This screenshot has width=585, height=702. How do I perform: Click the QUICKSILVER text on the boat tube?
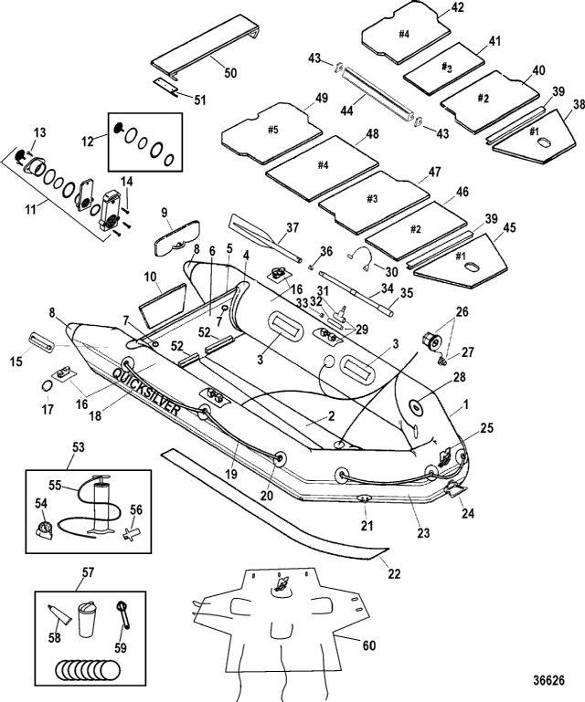(x=145, y=393)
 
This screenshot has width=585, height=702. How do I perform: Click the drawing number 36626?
(x=549, y=680)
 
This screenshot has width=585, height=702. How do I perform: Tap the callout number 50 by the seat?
(x=230, y=72)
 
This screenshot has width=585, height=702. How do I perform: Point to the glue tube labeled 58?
(x=59, y=613)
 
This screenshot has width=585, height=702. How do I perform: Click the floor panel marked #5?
(x=272, y=133)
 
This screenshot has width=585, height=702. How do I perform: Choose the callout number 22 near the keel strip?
(x=394, y=573)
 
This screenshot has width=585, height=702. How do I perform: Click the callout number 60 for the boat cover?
(x=369, y=645)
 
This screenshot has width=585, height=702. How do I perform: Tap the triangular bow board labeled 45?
(x=461, y=259)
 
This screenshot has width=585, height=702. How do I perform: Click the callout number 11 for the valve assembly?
(x=30, y=209)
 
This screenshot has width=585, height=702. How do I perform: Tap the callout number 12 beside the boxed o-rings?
(x=88, y=141)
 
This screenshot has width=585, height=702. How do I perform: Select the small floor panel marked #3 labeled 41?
(x=444, y=68)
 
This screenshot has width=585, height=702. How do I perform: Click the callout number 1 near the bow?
(x=465, y=404)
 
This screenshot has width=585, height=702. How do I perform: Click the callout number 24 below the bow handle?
(x=467, y=512)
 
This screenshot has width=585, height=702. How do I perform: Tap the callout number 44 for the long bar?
(x=347, y=110)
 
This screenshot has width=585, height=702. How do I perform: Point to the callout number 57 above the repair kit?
(x=89, y=571)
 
